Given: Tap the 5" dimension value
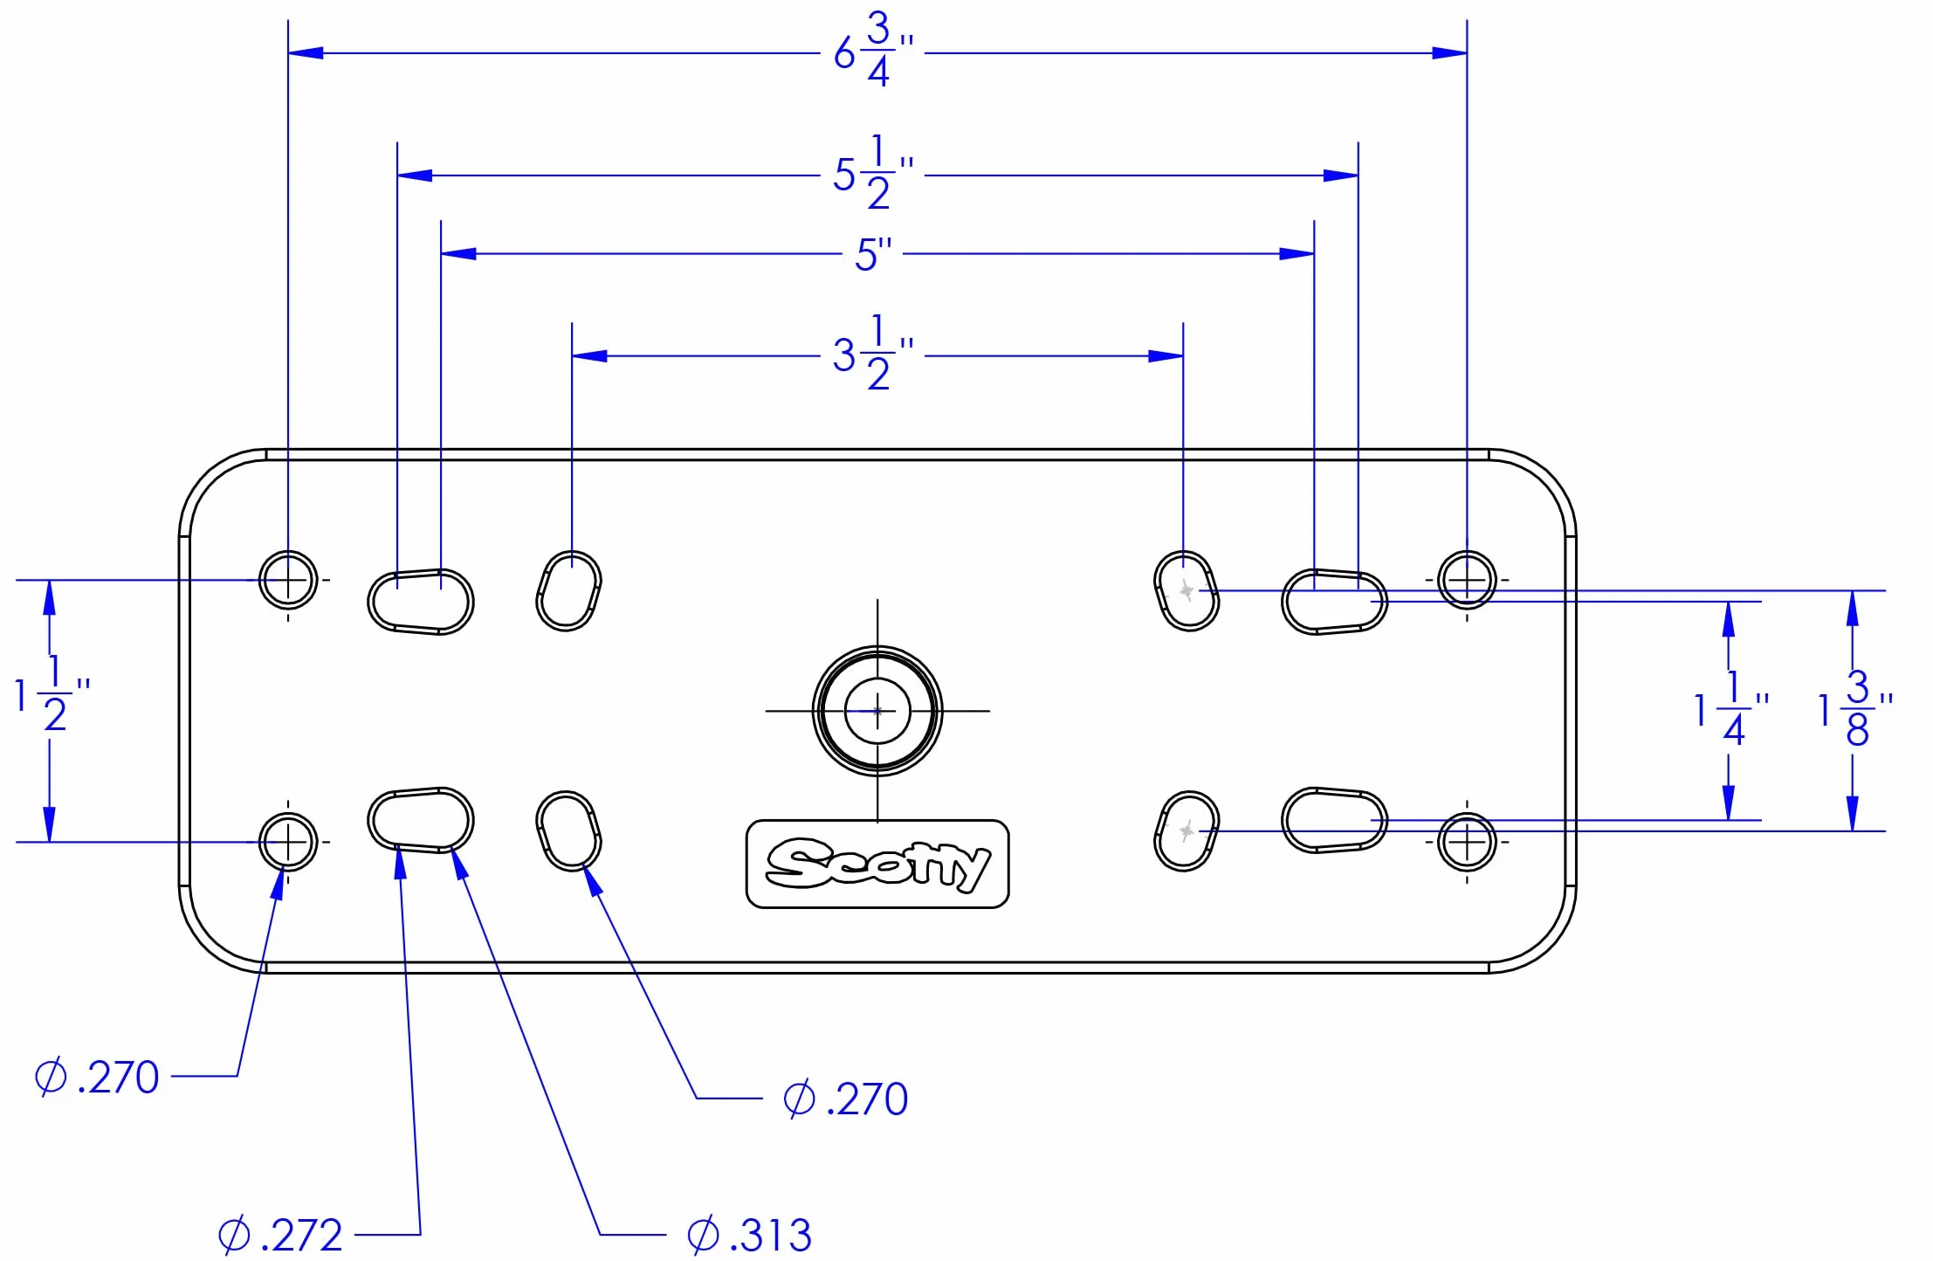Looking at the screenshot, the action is (x=873, y=254).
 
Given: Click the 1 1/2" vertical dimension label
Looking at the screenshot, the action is (x=52, y=694).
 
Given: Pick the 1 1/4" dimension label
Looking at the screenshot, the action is (x=1731, y=708).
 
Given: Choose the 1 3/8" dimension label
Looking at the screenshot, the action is (x=1855, y=708).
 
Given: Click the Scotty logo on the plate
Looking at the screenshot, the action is (x=877, y=864).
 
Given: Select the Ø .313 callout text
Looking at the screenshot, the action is (x=749, y=1235).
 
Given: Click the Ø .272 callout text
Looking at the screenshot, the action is (x=279, y=1235).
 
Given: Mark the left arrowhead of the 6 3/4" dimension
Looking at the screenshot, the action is (x=306, y=52).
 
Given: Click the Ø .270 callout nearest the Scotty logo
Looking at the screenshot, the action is (x=845, y=1099).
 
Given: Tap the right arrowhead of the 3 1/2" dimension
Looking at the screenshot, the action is (x=1166, y=356).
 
